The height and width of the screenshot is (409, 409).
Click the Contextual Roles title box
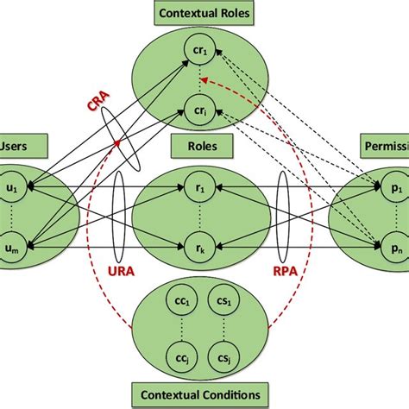tap(203, 13)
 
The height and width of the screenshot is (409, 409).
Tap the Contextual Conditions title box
tap(203, 395)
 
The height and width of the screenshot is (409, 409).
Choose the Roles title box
tap(204, 147)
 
